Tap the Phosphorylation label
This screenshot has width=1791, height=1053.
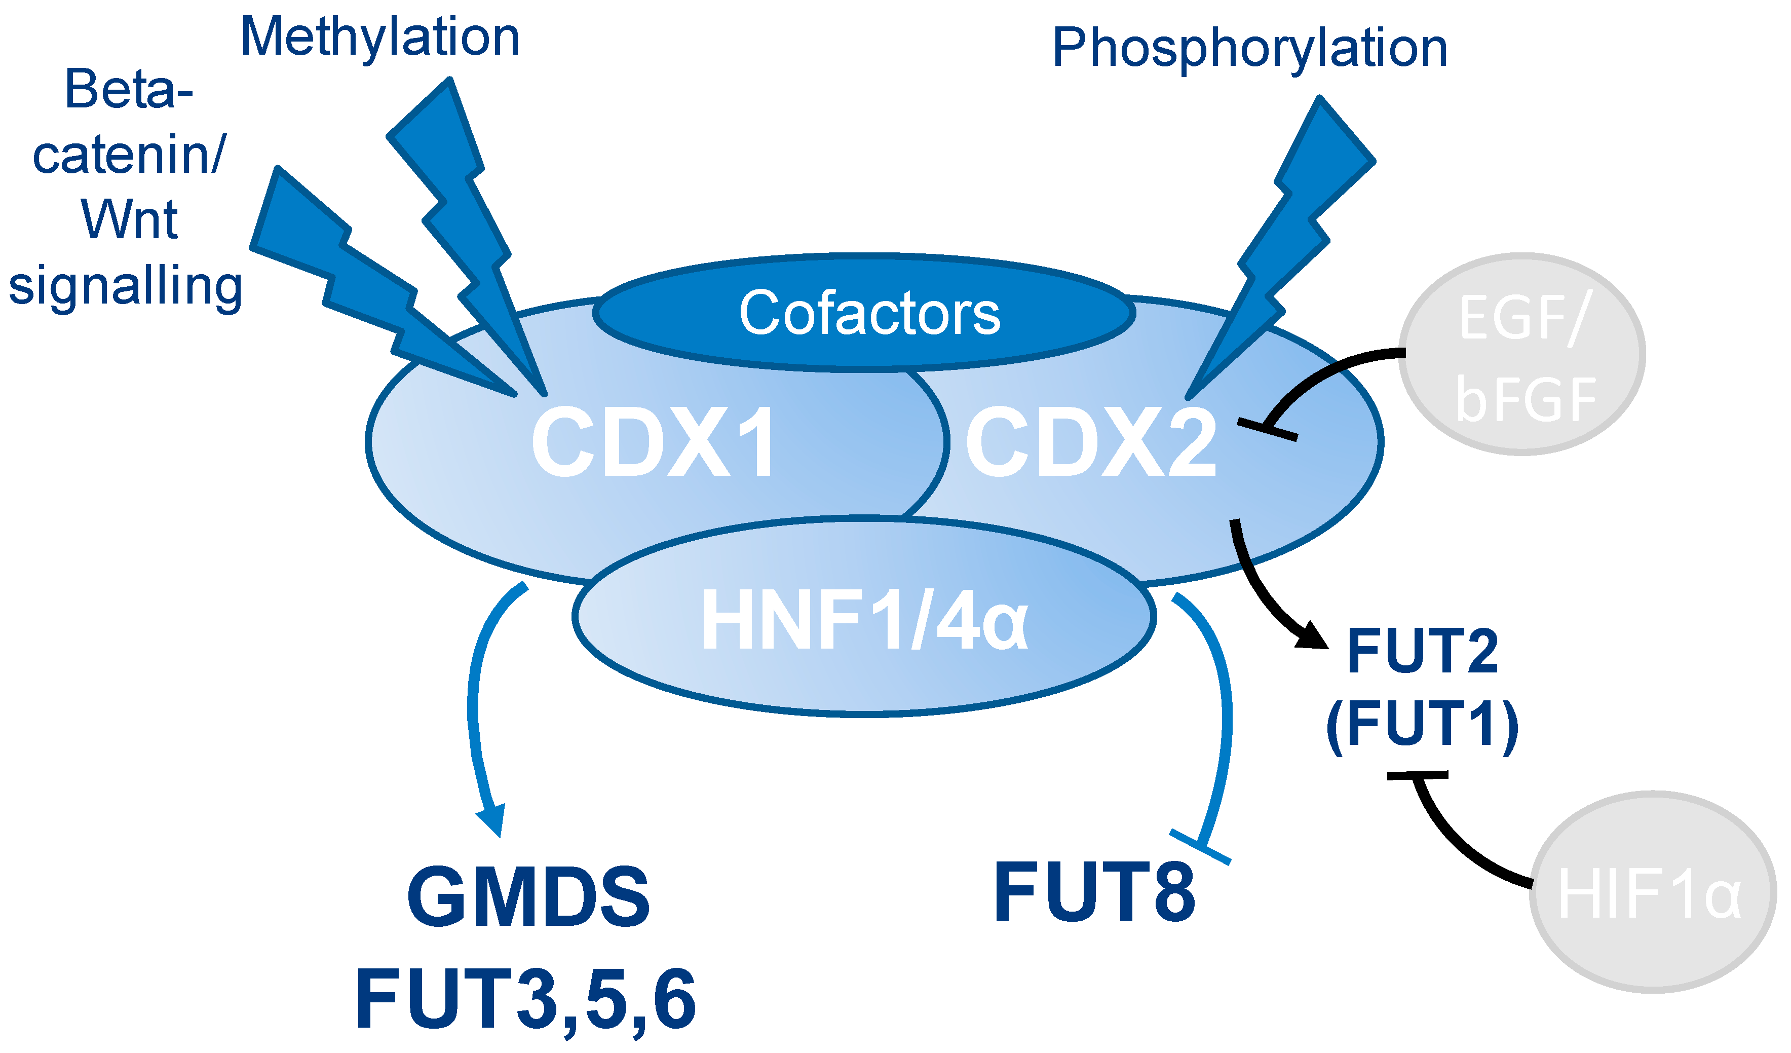click(x=1249, y=48)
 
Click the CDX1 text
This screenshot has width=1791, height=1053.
click(x=654, y=442)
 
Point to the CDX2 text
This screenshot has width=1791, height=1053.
click(x=1091, y=442)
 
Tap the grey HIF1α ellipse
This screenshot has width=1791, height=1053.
click(x=1652, y=893)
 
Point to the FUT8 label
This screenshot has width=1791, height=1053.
click(x=1094, y=893)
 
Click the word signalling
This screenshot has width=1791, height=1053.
click(x=126, y=286)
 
